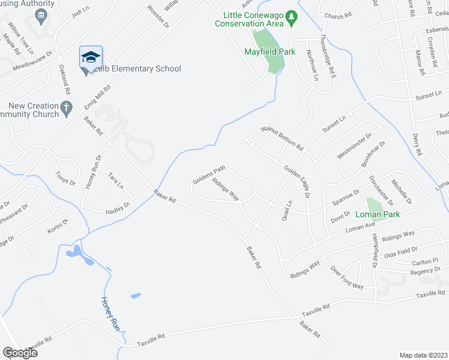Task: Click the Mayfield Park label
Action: [270, 52]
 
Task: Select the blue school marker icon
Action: [90, 58]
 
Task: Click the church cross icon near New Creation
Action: [67, 108]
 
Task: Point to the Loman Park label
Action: [377, 214]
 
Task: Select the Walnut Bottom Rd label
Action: [282, 138]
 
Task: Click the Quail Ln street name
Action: [286, 211]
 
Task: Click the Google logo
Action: [20, 353]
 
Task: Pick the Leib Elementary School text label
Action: [139, 68]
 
